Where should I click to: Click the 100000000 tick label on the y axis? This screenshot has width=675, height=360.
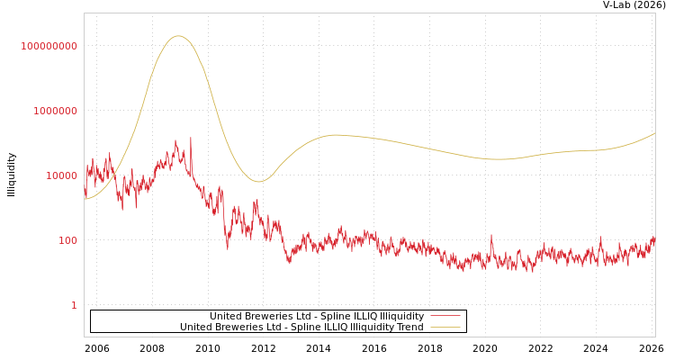tap(49, 46)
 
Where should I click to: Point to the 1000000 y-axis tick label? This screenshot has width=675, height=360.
tap(55, 111)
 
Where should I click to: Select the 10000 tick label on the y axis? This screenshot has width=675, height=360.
tap(61, 175)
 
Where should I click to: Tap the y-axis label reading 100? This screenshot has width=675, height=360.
tap(67, 240)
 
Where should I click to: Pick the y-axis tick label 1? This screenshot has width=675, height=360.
tap(74, 305)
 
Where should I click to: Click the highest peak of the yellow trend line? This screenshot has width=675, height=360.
tap(178, 36)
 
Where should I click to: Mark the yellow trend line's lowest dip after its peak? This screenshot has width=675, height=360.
tap(259, 182)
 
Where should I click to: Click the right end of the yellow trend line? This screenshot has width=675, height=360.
tap(655, 133)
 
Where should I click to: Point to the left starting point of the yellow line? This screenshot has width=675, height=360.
tap(85, 199)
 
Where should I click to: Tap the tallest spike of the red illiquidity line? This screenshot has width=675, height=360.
tap(191, 138)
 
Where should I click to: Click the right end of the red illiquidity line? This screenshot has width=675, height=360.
tap(655, 239)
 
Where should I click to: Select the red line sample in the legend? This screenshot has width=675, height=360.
tap(445, 316)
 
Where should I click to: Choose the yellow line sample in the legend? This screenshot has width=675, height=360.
tap(445, 327)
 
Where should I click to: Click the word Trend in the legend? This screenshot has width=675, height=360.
tap(408, 327)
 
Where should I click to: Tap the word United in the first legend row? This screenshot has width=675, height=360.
tap(228, 316)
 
